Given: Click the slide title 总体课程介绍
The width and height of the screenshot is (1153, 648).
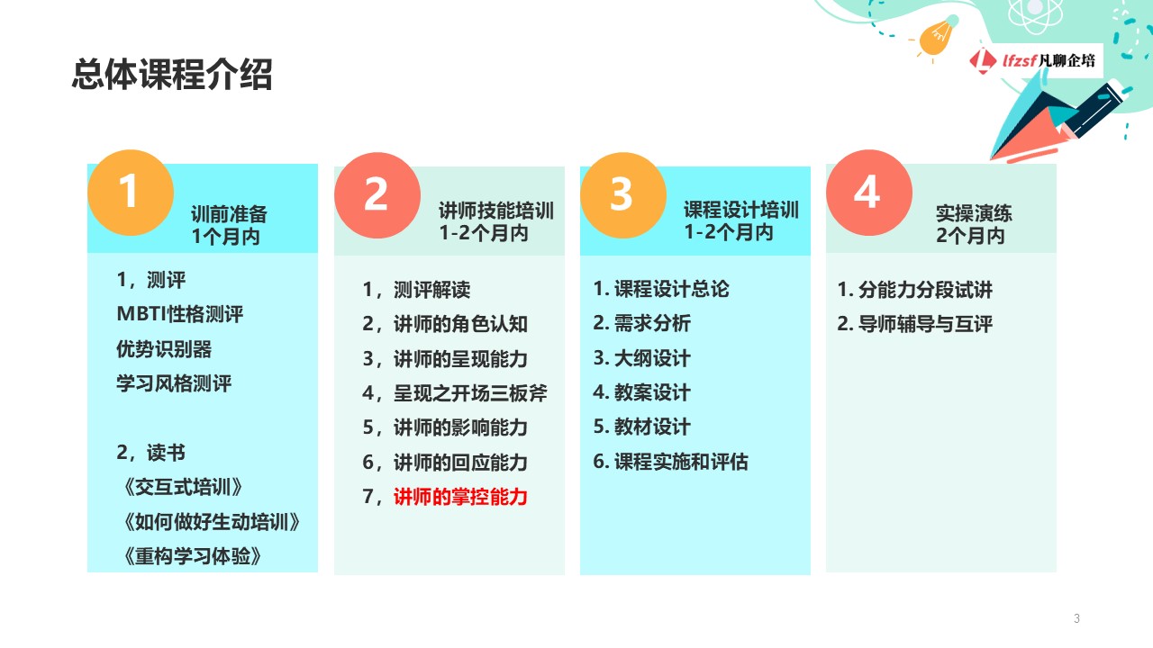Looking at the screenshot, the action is coord(172,75).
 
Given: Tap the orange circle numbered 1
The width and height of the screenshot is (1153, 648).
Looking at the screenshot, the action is coord(131,193).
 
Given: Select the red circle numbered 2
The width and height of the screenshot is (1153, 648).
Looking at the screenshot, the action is coord(377,195).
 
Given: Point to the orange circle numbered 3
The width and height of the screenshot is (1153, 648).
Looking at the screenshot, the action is coord(622,195).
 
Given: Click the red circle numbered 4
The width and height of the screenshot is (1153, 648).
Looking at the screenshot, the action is coord(869,193).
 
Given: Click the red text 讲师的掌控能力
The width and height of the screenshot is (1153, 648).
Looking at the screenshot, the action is coord(460,497).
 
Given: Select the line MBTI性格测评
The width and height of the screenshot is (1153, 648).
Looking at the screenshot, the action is coord(179,314).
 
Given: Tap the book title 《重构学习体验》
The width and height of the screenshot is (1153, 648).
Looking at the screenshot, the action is coord(193,556).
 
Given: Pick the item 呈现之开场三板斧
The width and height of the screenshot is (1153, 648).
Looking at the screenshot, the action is coord(470,393).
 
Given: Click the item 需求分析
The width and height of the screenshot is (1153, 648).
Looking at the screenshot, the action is coord(652,323).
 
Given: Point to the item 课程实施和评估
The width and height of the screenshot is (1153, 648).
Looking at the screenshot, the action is coord(681,462).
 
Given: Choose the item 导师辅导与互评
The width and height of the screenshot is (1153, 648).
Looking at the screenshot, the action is coord(925,324).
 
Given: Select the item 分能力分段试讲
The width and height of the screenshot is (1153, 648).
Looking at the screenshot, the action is coord(925,290).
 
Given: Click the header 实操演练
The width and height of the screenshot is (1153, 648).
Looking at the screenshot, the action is coord(974,213).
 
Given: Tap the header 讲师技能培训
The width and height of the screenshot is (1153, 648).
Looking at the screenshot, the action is coord(496,211).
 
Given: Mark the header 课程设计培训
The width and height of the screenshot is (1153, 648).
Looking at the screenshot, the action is coord(741,210).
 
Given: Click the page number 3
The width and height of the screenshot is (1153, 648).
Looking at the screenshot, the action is coord(1076,618).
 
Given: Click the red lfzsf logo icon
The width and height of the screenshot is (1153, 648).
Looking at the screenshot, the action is coord(982,60).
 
